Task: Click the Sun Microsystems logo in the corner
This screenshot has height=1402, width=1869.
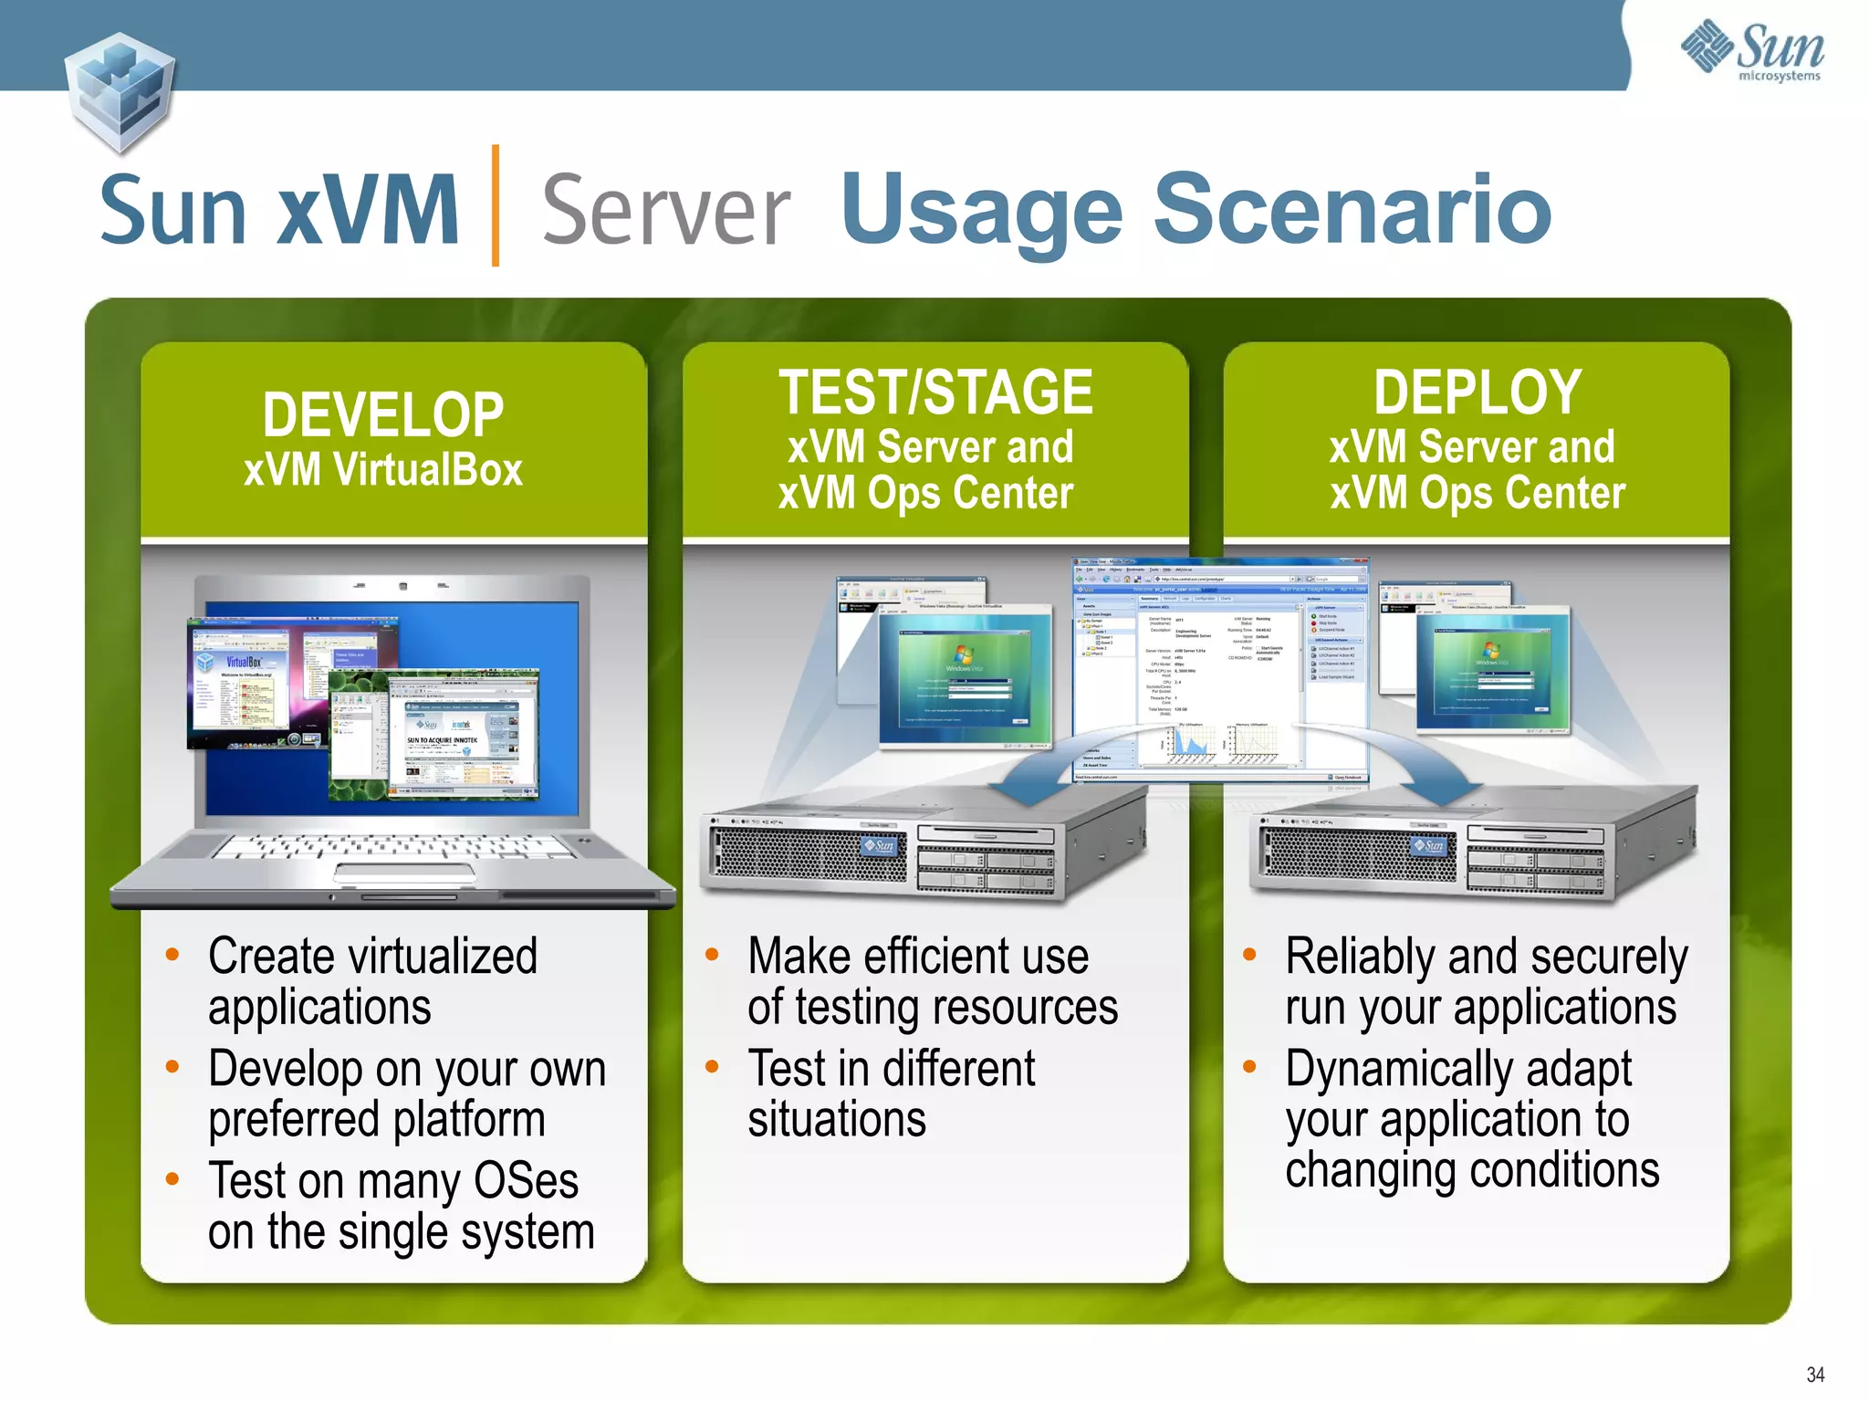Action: [1752, 52]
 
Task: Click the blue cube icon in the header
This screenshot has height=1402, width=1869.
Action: [120, 91]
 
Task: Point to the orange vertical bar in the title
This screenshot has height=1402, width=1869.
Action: [496, 205]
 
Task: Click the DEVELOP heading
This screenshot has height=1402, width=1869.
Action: [383, 415]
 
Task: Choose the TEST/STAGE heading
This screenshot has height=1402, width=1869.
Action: [935, 392]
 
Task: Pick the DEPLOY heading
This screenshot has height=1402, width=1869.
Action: [1477, 392]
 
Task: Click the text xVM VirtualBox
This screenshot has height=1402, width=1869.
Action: [383, 471]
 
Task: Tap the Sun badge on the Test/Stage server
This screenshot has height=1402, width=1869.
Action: [881, 846]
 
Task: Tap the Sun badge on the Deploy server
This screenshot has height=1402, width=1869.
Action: [1430, 846]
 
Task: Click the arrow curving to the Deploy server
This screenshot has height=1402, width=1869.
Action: [1424, 762]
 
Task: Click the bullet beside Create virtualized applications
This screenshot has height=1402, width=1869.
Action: [172, 956]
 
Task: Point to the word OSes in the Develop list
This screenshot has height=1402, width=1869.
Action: [526, 1181]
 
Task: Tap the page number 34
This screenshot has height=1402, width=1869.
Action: [1815, 1375]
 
